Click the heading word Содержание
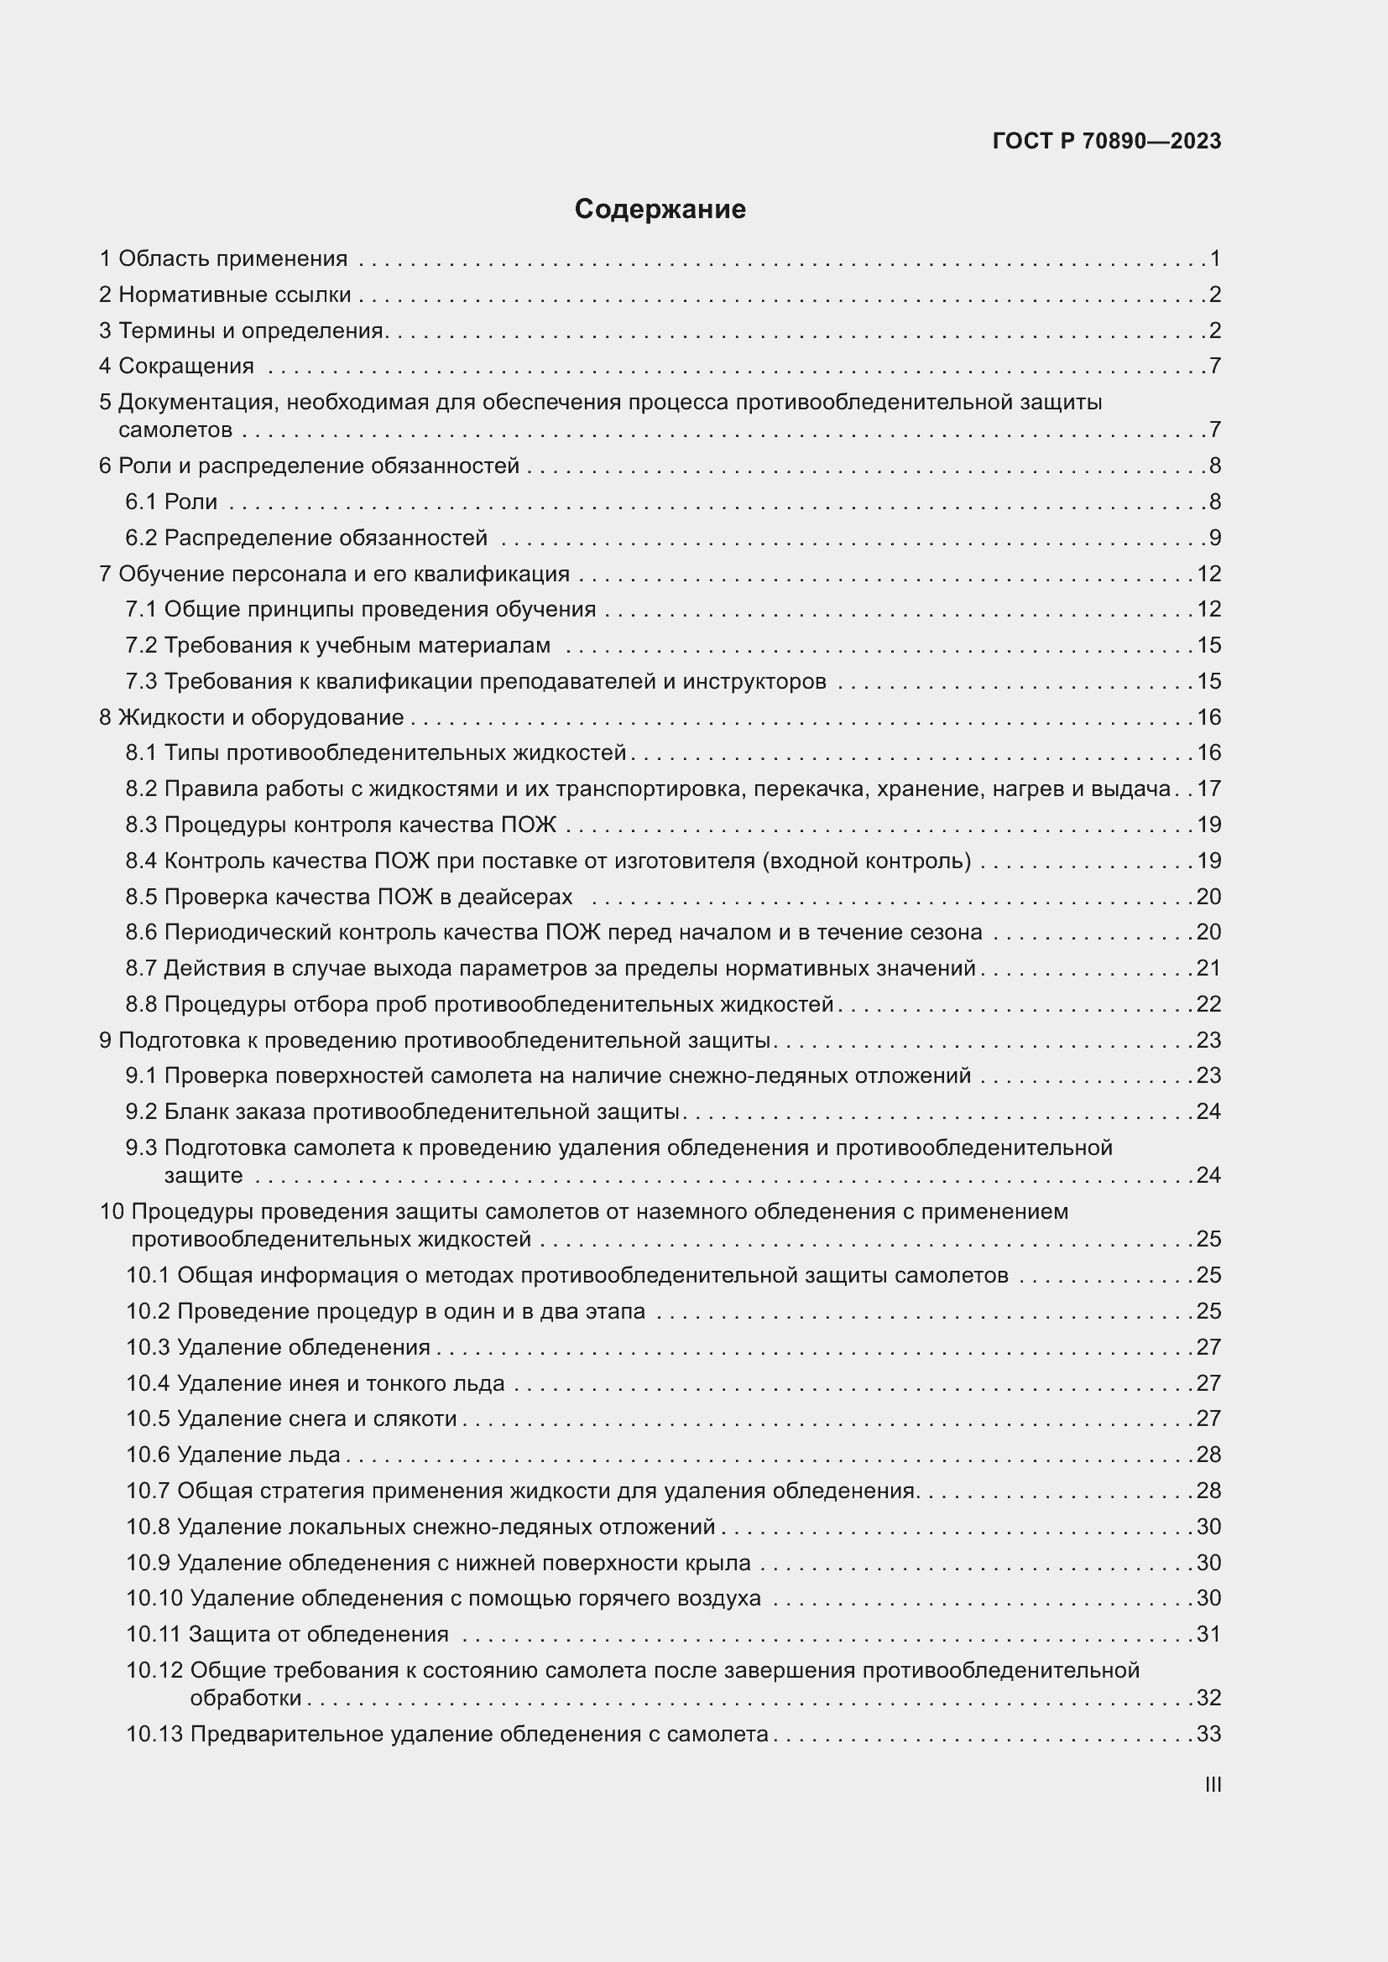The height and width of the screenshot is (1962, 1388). tap(660, 210)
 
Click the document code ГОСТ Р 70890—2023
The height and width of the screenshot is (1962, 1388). tap(1107, 141)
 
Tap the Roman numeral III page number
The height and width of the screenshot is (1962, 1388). tap(1212, 1785)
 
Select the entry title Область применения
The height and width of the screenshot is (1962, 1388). tap(232, 259)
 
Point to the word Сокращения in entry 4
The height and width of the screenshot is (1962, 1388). tap(185, 367)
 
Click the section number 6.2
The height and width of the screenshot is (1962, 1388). tap(142, 539)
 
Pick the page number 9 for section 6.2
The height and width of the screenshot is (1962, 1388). tap(1214, 539)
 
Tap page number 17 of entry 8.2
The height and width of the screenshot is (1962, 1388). tap(1208, 788)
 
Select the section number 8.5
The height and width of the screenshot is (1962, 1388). tap(142, 898)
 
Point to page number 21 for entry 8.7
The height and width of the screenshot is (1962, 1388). tap(1208, 968)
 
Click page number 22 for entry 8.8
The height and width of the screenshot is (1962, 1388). tap(1208, 1004)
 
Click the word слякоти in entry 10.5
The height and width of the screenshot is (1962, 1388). tap(415, 1418)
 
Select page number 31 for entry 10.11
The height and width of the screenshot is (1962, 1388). tap(1208, 1634)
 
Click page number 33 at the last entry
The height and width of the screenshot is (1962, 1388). tap(1208, 1734)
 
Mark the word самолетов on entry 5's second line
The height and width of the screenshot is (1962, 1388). tap(175, 430)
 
